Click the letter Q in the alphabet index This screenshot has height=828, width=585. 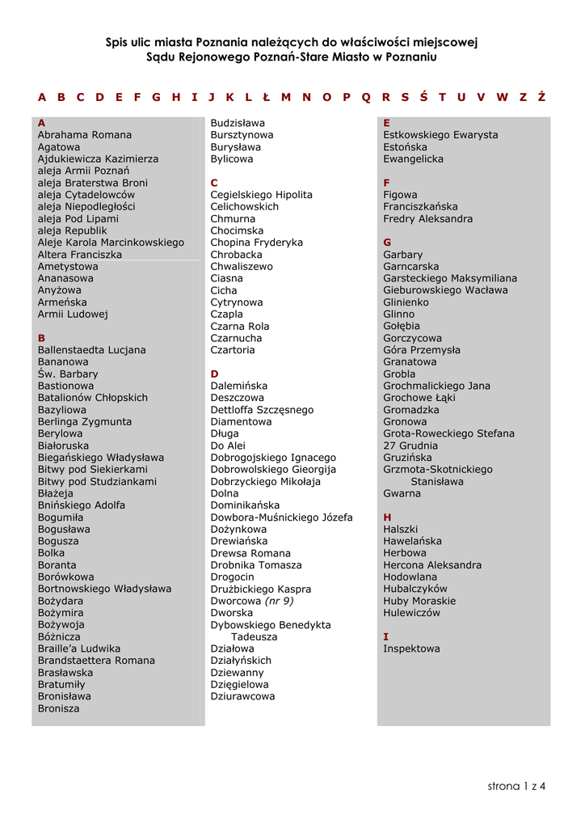coord(366,97)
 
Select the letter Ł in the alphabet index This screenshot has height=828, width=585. coord(266,97)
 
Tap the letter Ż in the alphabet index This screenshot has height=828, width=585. coord(541,97)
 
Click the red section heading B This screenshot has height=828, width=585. coord(42,338)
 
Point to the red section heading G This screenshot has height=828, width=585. coord(387,243)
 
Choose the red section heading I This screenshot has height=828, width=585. coord(385,636)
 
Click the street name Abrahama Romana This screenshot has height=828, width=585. coord(85,135)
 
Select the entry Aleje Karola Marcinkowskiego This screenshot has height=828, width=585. coord(111,243)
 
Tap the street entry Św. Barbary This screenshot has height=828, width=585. coord(68,374)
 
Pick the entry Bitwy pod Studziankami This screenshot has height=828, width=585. coord(97,481)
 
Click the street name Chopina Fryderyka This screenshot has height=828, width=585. coord(257,243)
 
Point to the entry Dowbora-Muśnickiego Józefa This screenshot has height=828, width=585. coord(281,517)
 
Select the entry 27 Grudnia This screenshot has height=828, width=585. coord(410,446)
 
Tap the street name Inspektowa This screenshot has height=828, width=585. coord(411,648)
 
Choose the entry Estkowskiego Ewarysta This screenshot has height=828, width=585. coord(440,135)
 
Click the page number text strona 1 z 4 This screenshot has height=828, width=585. coord(516,786)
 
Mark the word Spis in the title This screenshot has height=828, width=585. coord(119,42)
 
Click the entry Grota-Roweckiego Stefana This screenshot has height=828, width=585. coord(448,433)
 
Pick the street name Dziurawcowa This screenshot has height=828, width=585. coord(242,696)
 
